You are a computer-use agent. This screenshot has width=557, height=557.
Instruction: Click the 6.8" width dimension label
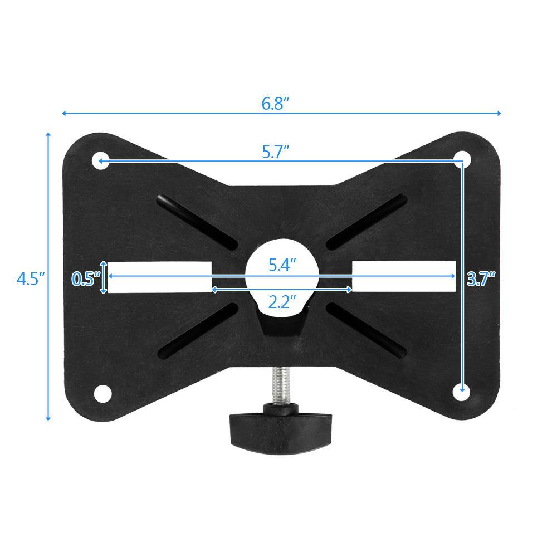click(x=276, y=104)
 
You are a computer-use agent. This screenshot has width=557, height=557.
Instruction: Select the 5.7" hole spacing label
click(x=276, y=152)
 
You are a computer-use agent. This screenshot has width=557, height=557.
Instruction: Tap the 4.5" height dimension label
click(x=30, y=278)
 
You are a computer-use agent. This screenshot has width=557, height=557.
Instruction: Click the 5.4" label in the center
click(x=281, y=265)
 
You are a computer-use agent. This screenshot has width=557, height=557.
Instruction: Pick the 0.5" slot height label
click(x=86, y=278)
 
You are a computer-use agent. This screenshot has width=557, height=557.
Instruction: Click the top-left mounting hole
click(x=100, y=162)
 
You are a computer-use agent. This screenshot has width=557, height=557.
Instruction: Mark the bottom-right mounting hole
click(x=460, y=392)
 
